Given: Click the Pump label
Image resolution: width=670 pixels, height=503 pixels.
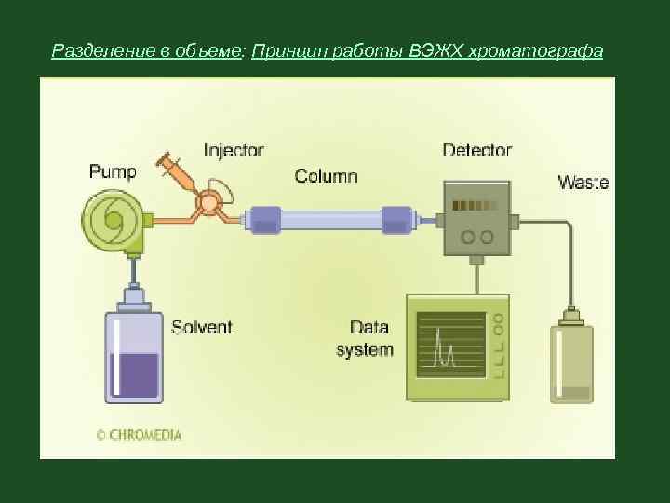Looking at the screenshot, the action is click(x=112, y=171).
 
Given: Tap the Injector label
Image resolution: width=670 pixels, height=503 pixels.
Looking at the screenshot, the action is click(x=234, y=150).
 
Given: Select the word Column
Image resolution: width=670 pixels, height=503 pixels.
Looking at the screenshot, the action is click(x=326, y=175).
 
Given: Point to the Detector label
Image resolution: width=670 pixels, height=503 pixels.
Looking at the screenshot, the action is click(x=476, y=150).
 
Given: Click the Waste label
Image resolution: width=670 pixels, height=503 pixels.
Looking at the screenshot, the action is click(x=583, y=183).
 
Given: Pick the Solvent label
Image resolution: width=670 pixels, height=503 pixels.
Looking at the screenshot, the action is click(x=202, y=328).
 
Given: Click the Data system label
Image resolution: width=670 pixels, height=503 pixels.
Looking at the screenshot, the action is click(x=365, y=339).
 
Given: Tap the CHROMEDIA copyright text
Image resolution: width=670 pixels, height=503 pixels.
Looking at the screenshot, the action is click(x=139, y=434).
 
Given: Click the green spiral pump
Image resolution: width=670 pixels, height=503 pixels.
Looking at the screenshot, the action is click(x=113, y=221).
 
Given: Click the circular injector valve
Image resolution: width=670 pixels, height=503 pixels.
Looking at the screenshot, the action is click(x=210, y=202).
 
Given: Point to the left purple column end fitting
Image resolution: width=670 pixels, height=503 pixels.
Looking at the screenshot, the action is click(x=263, y=220).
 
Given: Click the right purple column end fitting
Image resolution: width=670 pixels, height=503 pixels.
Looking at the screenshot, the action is click(x=395, y=220).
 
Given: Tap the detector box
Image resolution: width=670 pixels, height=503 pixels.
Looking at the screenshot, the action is click(x=476, y=217).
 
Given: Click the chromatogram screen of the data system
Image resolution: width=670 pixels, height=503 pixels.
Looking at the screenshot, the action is click(x=451, y=346).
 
